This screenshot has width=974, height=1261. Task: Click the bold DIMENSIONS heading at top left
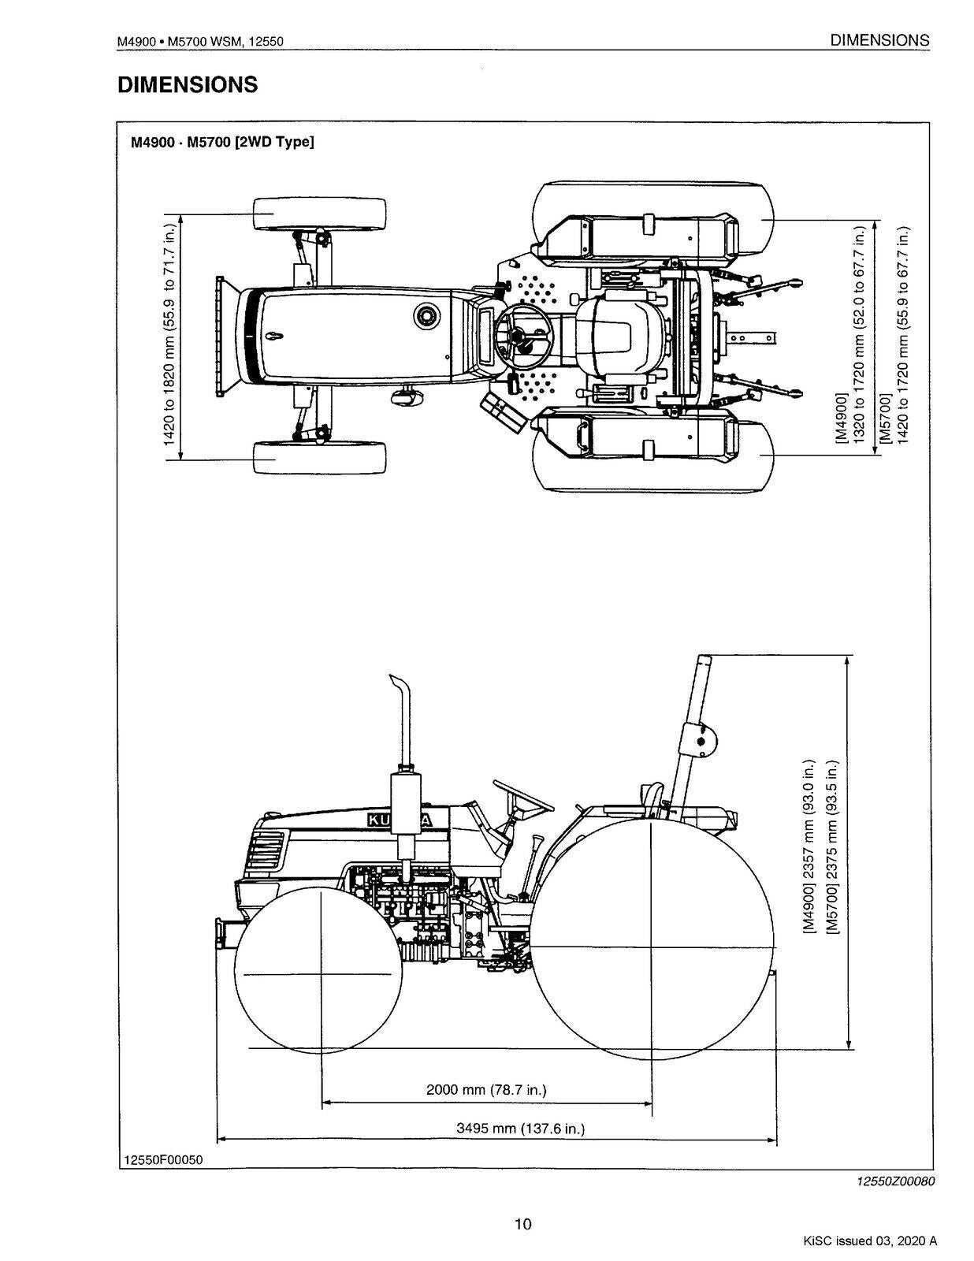pyautogui.click(x=188, y=85)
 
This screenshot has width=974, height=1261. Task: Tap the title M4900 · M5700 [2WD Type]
pyautogui.click(x=222, y=143)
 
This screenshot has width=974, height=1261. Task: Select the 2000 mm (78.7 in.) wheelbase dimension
pyautogui.click(x=486, y=1090)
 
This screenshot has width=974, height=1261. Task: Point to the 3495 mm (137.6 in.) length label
pyautogui.click(x=521, y=1129)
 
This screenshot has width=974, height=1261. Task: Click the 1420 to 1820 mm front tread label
pyautogui.click(x=169, y=335)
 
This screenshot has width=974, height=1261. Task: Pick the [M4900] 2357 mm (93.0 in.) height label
pyautogui.click(x=809, y=847)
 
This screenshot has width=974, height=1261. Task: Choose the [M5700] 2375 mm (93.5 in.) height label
pyautogui.click(x=832, y=847)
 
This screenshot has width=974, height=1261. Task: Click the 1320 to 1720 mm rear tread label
pyautogui.click(x=860, y=335)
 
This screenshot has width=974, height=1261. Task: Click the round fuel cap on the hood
pyautogui.click(x=426, y=316)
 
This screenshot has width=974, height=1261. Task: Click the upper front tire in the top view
pyautogui.click(x=320, y=214)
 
